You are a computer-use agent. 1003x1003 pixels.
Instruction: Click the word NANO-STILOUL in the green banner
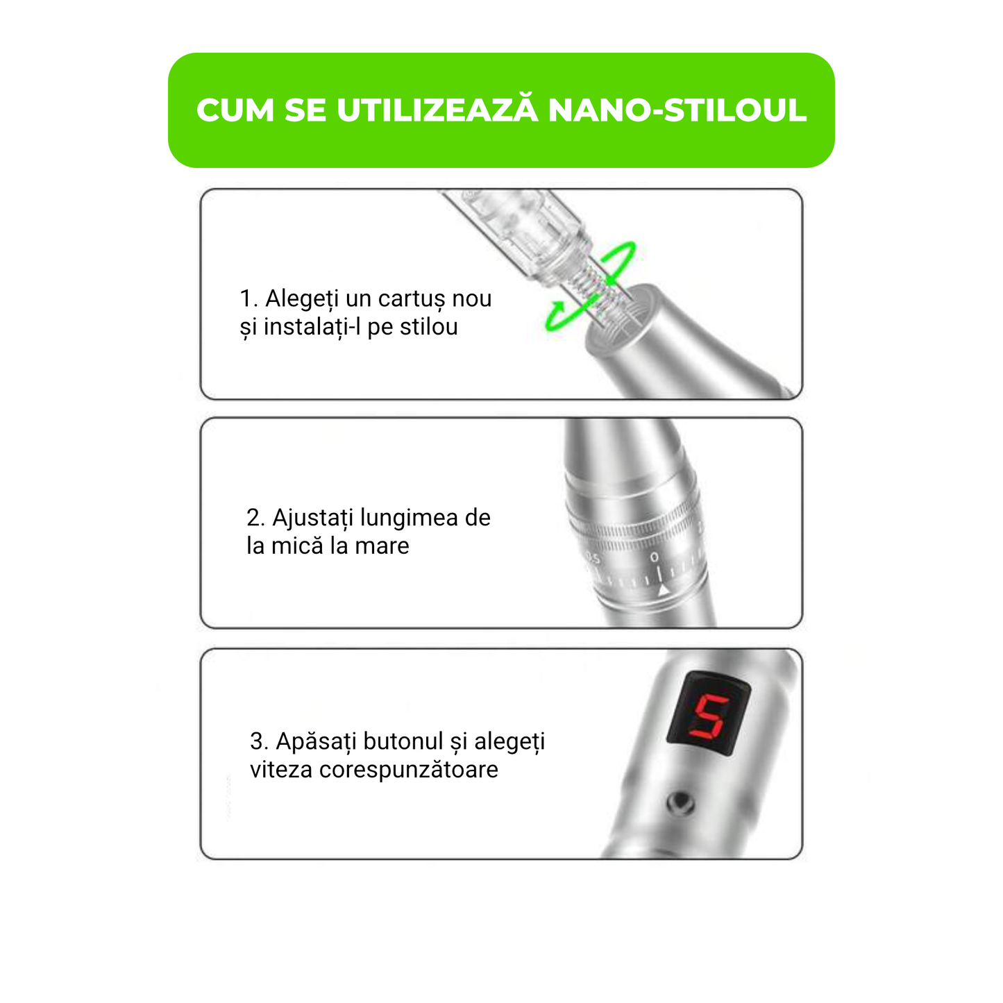tap(677, 110)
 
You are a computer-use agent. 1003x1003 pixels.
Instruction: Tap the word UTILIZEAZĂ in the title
tap(437, 110)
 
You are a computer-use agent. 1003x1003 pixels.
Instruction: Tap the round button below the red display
tap(680, 802)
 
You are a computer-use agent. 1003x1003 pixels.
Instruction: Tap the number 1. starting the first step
tap(248, 298)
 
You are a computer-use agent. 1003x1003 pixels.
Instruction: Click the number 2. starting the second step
tap(255, 518)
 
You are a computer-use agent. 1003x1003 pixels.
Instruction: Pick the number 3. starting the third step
tap(259, 741)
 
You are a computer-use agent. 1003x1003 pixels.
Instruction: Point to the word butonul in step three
tap(403, 741)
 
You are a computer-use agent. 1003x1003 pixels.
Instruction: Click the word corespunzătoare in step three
tap(409, 770)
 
